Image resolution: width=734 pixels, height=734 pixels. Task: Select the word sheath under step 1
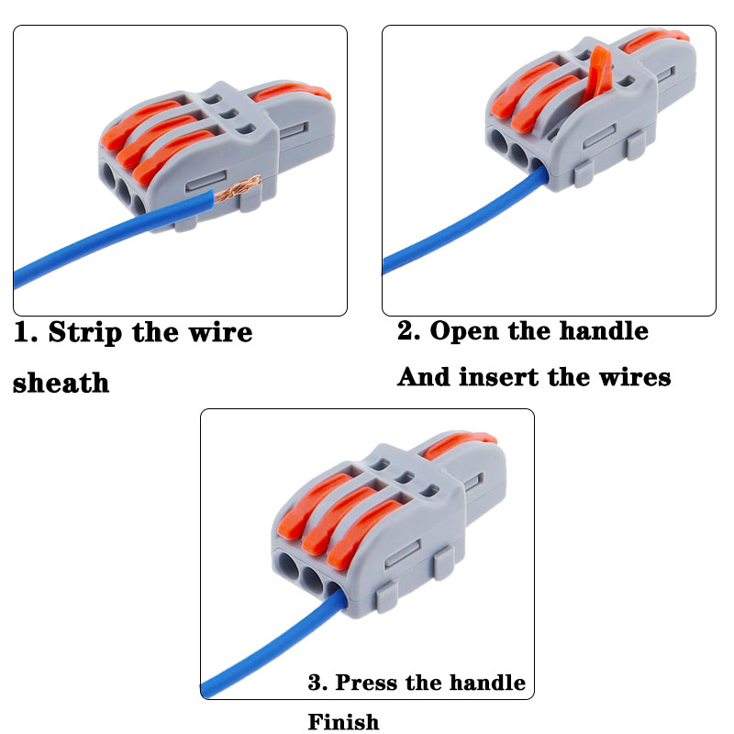pyautogui.click(x=61, y=382)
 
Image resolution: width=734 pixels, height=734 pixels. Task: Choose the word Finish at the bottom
pyautogui.click(x=343, y=722)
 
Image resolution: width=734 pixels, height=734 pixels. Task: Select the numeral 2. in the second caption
pyautogui.click(x=408, y=330)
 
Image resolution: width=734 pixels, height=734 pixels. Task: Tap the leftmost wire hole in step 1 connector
pyautogui.click(x=106, y=177)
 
